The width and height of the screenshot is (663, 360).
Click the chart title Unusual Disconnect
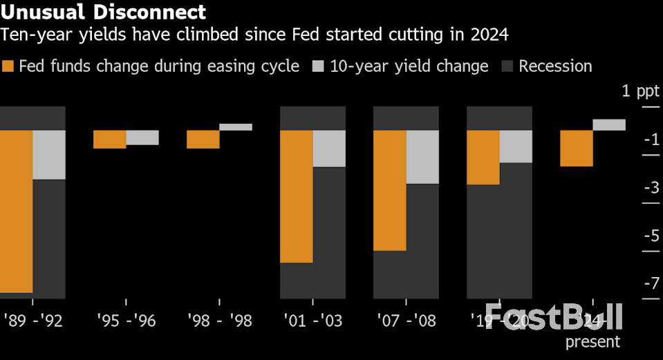(x=104, y=12)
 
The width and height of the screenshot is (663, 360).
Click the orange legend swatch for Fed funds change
(x=8, y=66)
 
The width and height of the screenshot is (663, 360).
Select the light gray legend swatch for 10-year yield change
(x=318, y=66)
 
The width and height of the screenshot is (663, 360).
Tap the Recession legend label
(x=555, y=66)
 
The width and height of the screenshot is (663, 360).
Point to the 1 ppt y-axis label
(x=635, y=91)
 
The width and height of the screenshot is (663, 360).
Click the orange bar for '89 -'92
(x=16, y=211)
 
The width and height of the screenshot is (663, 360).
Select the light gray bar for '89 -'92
(x=49, y=155)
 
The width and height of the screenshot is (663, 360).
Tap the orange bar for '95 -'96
(x=109, y=139)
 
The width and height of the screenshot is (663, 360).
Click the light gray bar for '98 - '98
(x=236, y=127)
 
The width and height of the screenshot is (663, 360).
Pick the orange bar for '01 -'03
(x=296, y=196)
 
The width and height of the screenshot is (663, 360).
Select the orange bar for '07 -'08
(x=389, y=190)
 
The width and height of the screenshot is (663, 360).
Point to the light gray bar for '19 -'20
(x=516, y=146)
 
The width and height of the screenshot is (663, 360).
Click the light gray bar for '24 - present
(x=609, y=125)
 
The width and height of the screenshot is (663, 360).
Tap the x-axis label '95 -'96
(x=127, y=321)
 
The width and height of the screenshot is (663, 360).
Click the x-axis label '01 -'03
(x=312, y=321)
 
